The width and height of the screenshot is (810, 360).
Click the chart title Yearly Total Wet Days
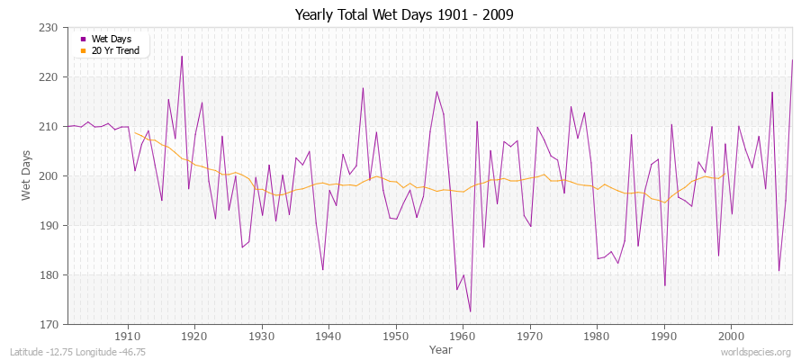point(404,15)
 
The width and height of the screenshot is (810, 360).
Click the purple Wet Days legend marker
point(84,39)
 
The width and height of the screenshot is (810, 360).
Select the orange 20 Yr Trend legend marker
point(84,50)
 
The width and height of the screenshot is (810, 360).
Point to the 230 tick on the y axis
point(51,28)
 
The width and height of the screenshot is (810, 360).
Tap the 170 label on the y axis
point(51,324)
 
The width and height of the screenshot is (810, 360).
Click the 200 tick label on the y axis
point(51,176)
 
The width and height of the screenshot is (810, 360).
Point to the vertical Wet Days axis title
point(28,175)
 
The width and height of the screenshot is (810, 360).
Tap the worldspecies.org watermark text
point(756,352)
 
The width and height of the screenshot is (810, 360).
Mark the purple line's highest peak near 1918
point(182,56)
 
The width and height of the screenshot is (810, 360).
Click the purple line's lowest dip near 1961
point(470,311)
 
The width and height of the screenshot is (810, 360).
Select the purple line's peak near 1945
point(363,88)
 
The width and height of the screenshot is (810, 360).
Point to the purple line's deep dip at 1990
point(664,285)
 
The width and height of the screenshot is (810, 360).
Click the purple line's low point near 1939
point(322,269)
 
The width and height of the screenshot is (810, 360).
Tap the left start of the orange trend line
point(135,133)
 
